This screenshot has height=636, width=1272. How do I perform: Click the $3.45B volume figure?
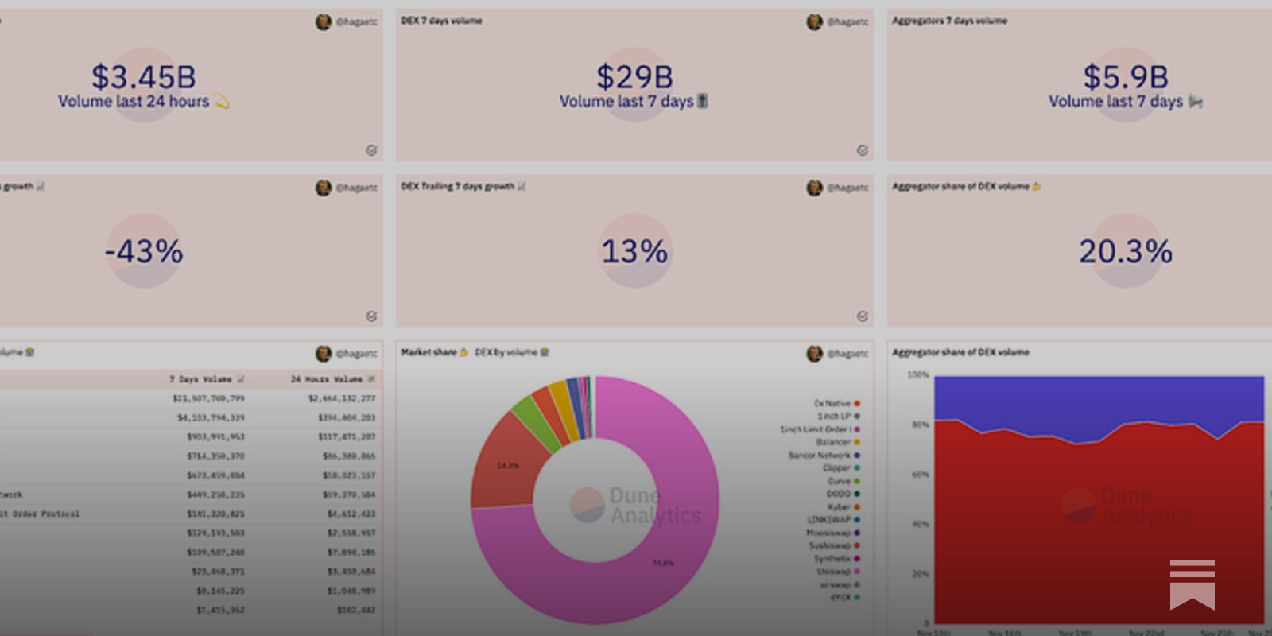point(143,77)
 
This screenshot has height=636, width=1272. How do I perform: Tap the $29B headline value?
point(634,77)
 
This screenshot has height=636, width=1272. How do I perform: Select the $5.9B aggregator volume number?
point(1125,77)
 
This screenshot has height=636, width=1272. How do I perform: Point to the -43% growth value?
point(144,252)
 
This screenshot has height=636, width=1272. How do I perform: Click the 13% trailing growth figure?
point(634,252)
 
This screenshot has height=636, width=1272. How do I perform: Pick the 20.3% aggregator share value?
point(1125,252)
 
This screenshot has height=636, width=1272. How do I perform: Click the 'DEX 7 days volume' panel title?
point(441,21)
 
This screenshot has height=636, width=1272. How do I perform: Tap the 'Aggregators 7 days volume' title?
point(949,21)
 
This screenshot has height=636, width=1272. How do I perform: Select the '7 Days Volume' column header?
point(200,379)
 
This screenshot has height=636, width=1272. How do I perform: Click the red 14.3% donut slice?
point(505,465)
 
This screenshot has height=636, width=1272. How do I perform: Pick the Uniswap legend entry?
point(834,572)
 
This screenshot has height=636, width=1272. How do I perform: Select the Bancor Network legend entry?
point(819,456)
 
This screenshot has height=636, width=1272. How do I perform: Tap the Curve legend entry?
point(839,481)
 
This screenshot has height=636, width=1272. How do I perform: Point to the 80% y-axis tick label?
point(920,425)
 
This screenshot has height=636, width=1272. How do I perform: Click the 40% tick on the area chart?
point(920,525)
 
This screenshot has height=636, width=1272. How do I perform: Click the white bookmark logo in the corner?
point(1192,584)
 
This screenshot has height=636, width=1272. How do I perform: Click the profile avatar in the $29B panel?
point(814,22)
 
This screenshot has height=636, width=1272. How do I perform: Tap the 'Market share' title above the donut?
point(429,352)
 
